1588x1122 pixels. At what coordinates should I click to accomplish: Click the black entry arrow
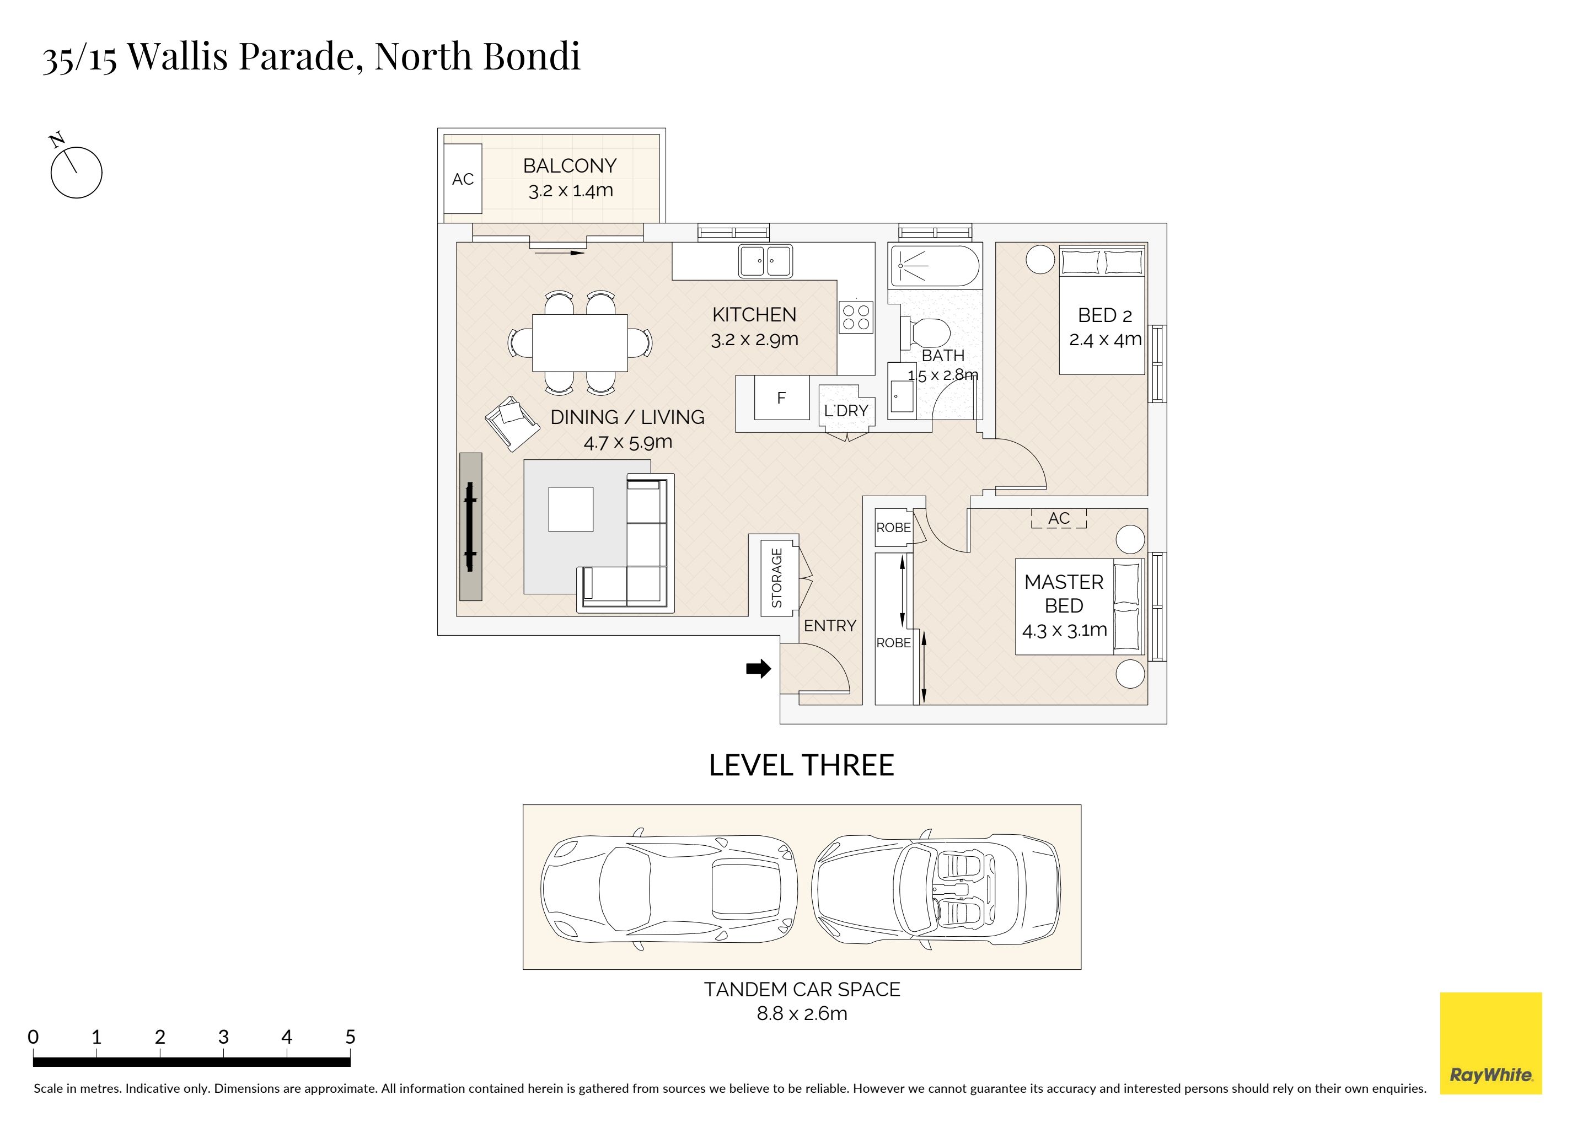point(758,669)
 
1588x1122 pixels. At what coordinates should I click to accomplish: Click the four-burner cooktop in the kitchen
point(856,318)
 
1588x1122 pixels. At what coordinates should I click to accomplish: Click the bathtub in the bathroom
point(935,266)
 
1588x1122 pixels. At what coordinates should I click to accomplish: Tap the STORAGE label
point(777,578)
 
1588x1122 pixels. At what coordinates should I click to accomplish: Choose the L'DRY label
point(846,411)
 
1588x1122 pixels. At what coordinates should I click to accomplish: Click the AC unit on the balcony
point(463,179)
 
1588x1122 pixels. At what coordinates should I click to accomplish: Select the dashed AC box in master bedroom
point(1059,518)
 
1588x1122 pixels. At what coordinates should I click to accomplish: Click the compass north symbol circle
point(77,172)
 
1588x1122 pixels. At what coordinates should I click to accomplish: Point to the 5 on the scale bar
point(350,1037)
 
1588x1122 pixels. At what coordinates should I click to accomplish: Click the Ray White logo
point(1490,1043)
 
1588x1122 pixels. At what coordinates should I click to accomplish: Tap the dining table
point(580,343)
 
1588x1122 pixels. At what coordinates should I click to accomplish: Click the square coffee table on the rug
point(571,509)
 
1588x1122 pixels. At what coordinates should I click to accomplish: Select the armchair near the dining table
point(512,423)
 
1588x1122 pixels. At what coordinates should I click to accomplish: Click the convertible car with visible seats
point(936,887)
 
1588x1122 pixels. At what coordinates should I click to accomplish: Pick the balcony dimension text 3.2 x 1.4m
point(571,190)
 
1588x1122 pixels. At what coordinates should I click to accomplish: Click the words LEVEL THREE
point(802,766)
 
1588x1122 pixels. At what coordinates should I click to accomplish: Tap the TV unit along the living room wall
point(471,527)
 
